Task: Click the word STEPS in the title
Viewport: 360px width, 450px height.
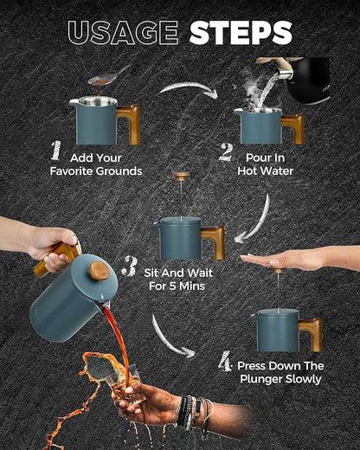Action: [241, 33]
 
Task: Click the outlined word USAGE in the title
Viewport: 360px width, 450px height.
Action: [123, 33]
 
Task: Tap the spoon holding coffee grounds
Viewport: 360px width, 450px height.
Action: [108, 75]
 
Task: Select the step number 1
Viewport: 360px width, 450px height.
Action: [56, 151]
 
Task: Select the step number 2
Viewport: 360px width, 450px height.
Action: [226, 151]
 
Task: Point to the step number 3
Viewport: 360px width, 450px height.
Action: [130, 266]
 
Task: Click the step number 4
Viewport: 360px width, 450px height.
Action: [225, 361]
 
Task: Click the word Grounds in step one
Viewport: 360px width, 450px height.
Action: [119, 171]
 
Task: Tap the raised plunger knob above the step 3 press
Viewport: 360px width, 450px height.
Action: [182, 176]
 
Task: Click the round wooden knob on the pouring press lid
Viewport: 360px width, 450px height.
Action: [100, 271]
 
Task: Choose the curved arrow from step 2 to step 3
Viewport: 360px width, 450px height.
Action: [258, 222]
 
